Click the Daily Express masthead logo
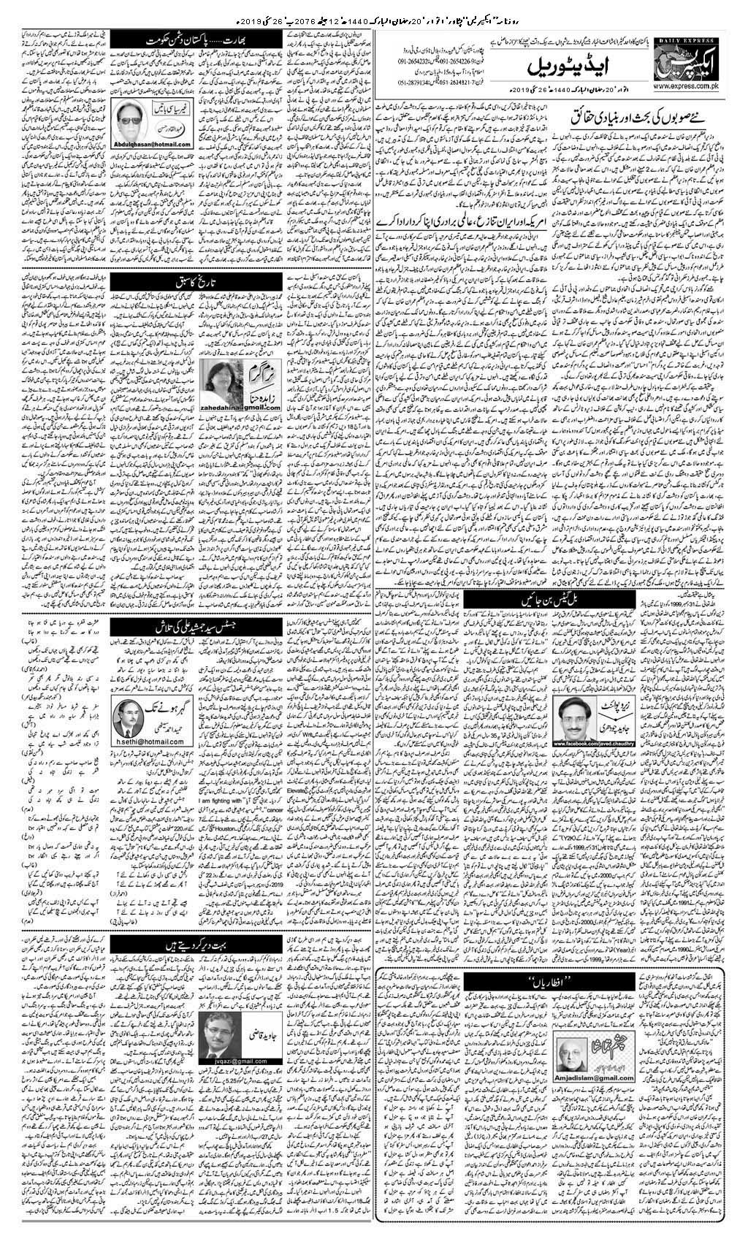pyautogui.click(x=693, y=57)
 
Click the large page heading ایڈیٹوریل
pyautogui.click(x=559, y=66)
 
